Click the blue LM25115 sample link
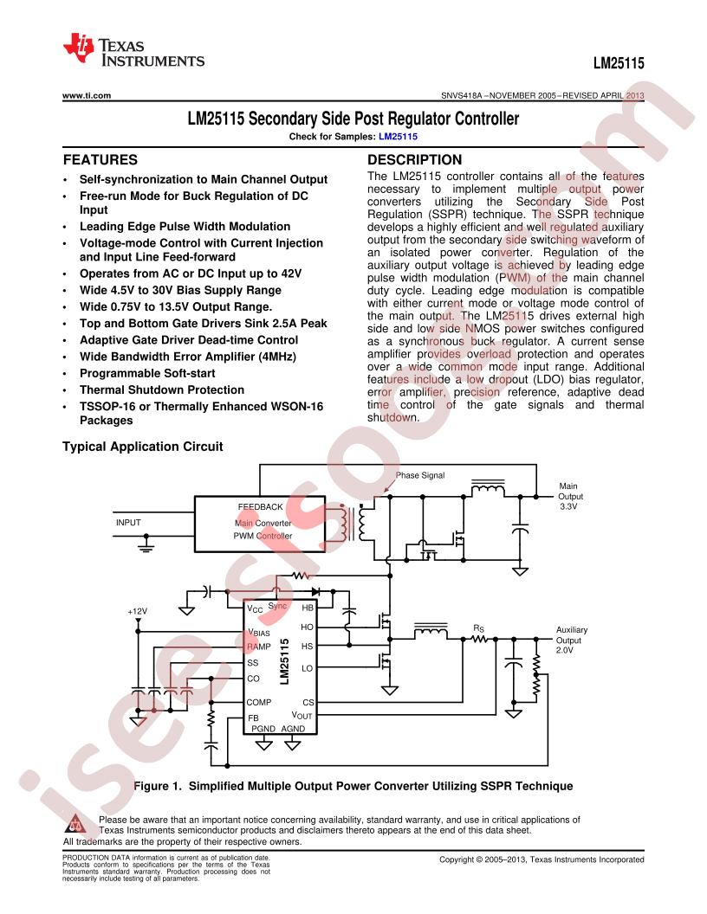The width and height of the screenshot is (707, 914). click(x=398, y=137)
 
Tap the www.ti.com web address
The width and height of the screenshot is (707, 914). click(x=87, y=95)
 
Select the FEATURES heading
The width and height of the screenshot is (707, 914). click(x=101, y=160)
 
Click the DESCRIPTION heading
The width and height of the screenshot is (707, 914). click(x=414, y=160)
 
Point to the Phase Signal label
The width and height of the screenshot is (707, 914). click(x=420, y=475)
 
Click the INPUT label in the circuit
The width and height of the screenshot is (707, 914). click(x=128, y=522)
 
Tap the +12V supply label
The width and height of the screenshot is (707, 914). click(x=137, y=611)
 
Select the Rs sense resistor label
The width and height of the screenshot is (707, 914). click(x=478, y=628)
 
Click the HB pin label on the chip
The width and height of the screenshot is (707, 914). click(x=308, y=608)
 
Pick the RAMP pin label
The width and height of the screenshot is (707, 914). click(x=258, y=647)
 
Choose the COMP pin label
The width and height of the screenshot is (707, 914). click(x=258, y=703)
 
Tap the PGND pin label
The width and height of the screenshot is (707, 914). click(x=263, y=729)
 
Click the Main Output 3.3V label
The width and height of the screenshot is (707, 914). click(x=570, y=496)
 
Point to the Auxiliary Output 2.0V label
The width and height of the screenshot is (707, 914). click(x=571, y=640)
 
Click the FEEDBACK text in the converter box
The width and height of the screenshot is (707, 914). click(x=260, y=506)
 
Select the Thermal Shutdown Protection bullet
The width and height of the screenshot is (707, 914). click(x=161, y=390)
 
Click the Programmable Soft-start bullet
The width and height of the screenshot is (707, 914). click(x=147, y=373)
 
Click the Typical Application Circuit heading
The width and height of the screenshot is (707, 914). click(x=143, y=447)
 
